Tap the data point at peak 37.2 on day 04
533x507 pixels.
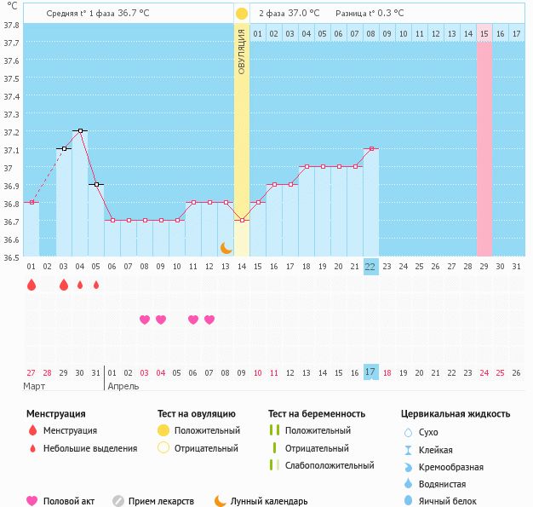(80, 130)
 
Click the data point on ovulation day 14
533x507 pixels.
(242, 220)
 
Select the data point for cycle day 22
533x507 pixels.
(370, 148)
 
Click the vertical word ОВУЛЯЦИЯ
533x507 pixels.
(242, 51)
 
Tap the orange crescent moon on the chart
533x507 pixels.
(226, 248)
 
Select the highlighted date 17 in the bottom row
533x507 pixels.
(370, 372)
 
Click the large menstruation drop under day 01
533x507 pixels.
(32, 285)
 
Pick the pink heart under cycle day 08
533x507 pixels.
(145, 320)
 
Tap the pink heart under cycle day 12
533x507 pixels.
(209, 320)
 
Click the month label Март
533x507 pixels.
(35, 386)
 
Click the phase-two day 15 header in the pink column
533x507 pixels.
(484, 33)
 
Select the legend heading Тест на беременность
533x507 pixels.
(317, 414)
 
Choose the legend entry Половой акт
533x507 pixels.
(67, 501)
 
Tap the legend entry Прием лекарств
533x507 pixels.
(161, 501)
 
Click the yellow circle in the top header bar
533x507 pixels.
(242, 14)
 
